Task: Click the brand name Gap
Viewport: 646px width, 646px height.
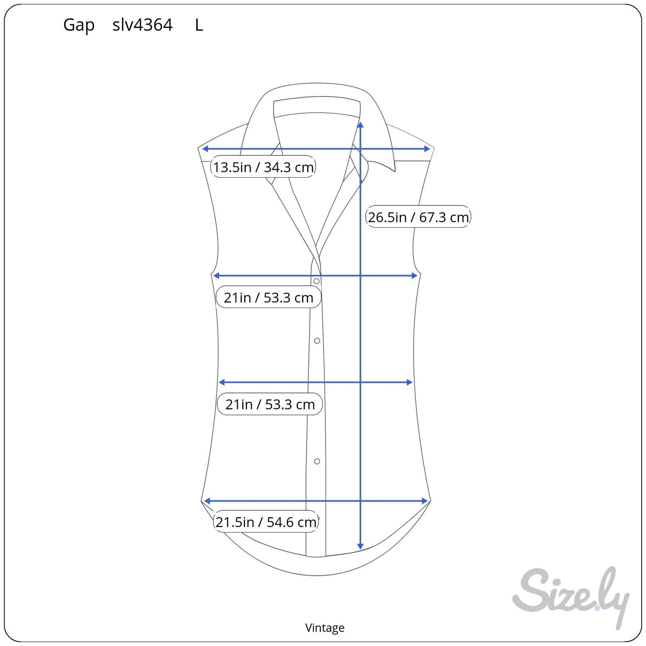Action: point(79,25)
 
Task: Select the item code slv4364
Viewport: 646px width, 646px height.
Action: point(143,25)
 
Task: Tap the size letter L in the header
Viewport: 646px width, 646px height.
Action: point(199,25)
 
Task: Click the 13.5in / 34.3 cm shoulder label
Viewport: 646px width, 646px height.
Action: point(263,167)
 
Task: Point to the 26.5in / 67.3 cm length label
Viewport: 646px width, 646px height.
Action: point(418,217)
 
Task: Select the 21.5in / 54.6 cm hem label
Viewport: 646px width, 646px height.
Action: point(266,522)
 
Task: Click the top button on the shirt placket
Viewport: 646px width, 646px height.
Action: point(317,281)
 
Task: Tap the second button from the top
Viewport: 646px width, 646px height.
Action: point(317,341)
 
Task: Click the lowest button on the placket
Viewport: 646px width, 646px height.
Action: point(317,461)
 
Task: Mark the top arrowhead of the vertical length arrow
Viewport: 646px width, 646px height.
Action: point(361,124)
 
